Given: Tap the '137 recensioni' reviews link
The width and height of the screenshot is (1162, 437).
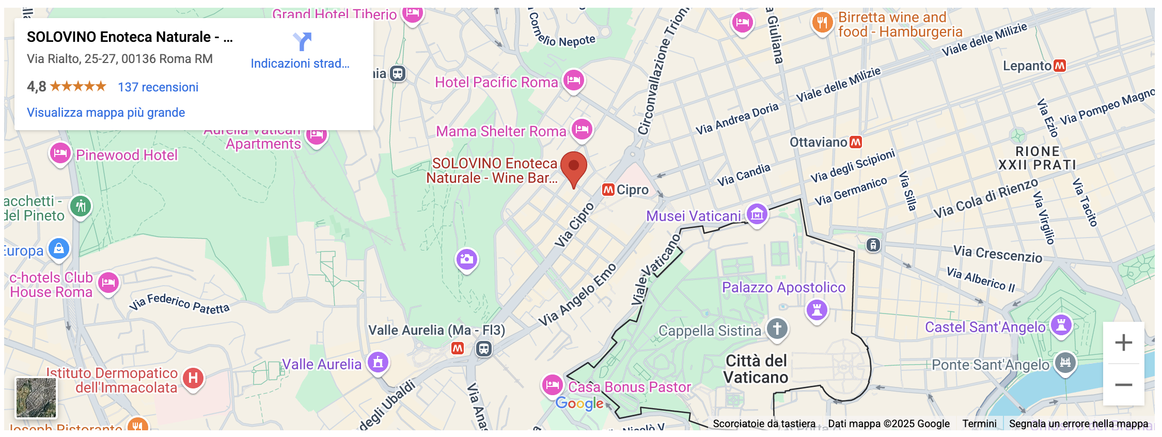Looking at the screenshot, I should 158,87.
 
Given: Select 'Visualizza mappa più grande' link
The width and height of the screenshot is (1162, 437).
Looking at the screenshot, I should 106,113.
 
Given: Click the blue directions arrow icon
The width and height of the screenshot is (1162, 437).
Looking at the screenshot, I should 302,41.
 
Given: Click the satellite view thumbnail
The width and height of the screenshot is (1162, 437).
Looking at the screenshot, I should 36,397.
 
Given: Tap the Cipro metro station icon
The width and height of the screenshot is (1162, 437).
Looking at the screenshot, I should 608,190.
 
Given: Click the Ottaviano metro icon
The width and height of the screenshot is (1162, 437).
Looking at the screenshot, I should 856,142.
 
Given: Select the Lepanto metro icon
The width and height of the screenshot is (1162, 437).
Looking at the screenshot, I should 1060,66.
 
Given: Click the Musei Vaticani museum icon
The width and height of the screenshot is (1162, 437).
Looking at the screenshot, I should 757,213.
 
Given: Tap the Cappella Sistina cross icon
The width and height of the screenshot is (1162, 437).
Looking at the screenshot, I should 777,329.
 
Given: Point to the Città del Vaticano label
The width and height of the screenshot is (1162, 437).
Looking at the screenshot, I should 756,369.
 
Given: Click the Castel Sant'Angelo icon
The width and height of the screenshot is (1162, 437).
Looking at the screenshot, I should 1061,325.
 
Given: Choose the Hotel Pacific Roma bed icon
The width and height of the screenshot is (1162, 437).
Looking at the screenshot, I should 574,81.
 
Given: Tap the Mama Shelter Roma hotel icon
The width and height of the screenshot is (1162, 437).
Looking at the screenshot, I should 582,129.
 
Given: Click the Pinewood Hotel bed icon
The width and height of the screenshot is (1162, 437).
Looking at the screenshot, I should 60,153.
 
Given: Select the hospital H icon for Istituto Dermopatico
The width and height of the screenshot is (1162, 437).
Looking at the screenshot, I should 193,378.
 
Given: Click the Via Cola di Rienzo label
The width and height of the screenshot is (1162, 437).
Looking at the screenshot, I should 985,198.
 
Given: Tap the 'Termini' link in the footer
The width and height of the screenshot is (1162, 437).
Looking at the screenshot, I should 979,424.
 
